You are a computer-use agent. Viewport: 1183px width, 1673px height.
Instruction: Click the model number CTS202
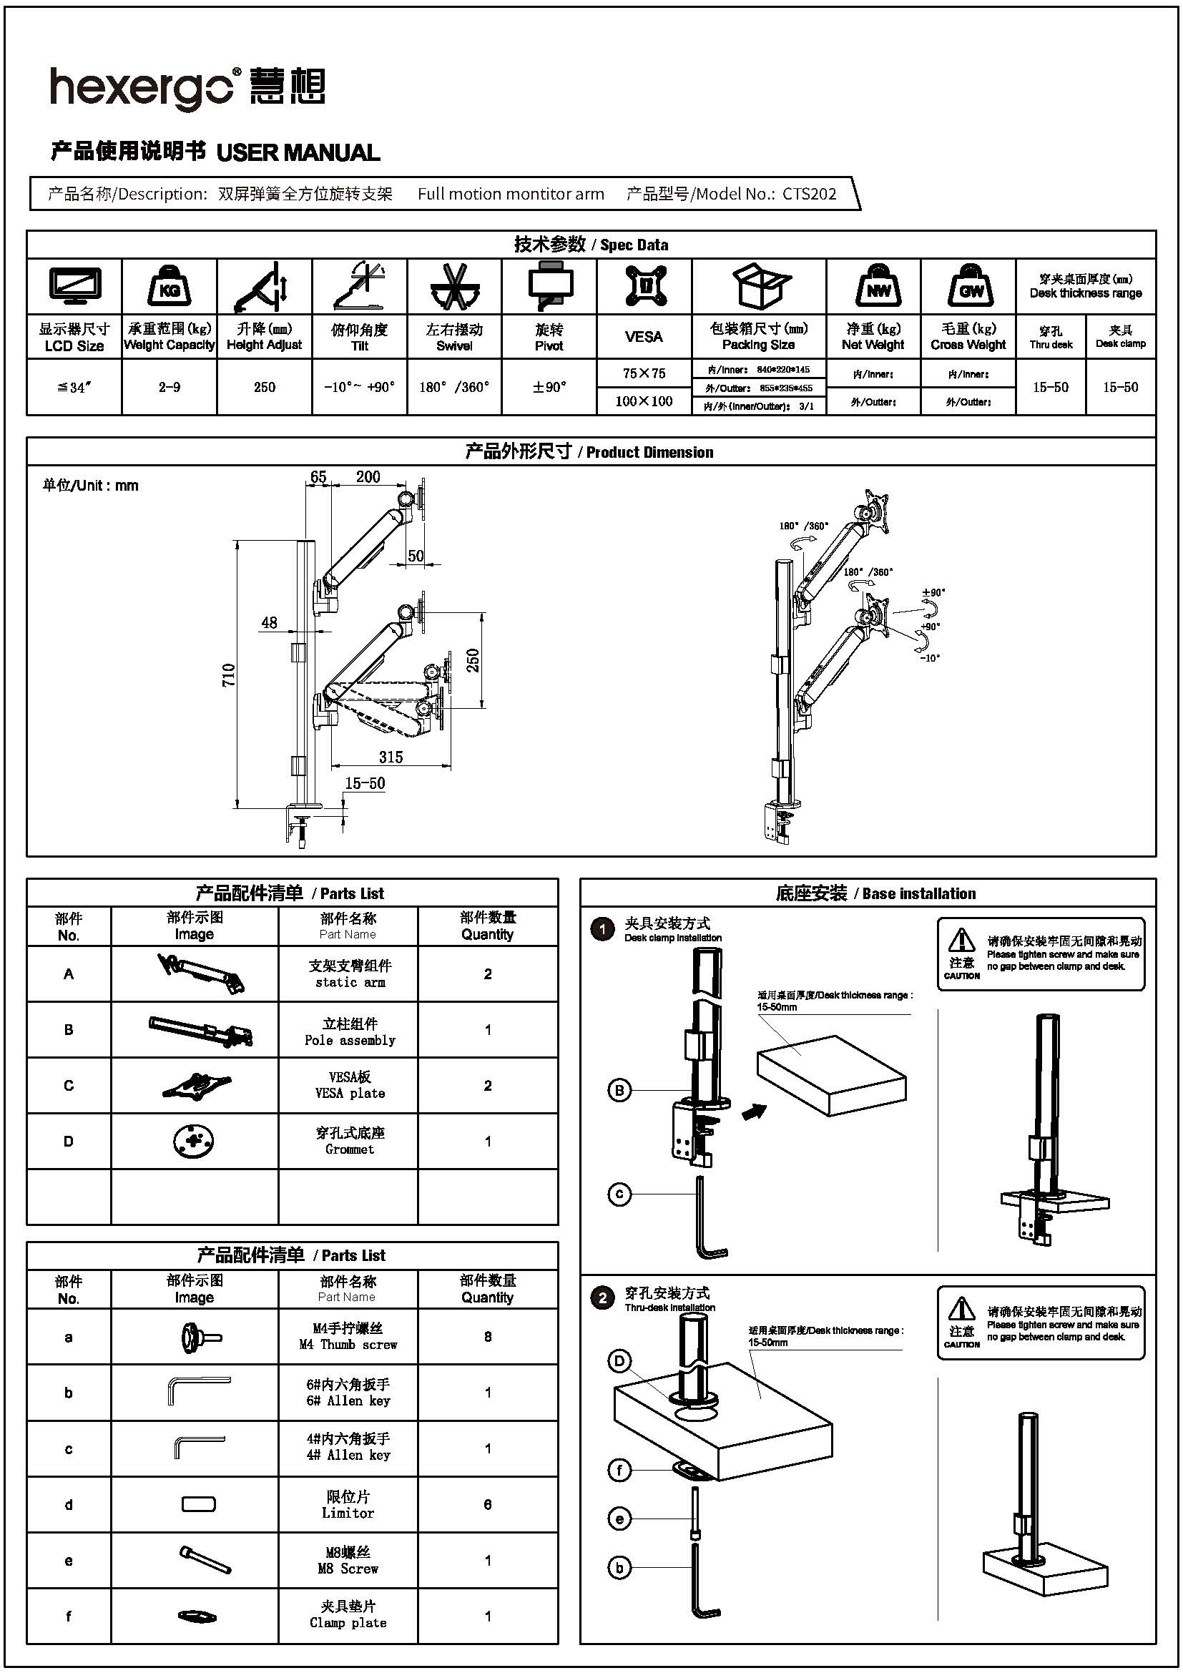coord(810,194)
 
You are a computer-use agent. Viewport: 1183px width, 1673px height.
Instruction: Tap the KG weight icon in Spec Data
coord(169,287)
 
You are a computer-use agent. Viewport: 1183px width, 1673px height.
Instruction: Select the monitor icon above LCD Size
coord(74,286)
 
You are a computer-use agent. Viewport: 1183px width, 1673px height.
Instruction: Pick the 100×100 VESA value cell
coord(644,401)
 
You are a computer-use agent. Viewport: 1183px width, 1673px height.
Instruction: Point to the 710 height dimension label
coord(229,674)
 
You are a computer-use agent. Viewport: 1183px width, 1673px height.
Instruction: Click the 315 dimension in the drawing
coord(391,756)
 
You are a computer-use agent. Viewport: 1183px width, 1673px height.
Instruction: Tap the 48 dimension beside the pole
coord(269,622)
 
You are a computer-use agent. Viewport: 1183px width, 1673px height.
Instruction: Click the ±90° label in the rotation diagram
coord(933,592)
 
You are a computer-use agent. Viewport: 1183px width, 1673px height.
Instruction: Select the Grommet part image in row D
coord(194,1141)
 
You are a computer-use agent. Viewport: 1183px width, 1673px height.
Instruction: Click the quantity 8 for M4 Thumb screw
coord(487,1336)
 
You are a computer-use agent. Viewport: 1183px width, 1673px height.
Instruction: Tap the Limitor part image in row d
coord(198,1503)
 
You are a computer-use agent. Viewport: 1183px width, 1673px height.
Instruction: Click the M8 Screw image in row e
coord(205,1559)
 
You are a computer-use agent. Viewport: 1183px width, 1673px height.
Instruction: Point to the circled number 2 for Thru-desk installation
coord(602,1298)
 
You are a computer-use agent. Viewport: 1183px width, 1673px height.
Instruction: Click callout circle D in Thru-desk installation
coord(619,1361)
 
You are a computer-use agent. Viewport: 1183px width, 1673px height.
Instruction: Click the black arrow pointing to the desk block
coord(754,1112)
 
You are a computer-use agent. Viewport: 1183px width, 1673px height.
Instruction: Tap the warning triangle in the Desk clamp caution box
coord(961,939)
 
